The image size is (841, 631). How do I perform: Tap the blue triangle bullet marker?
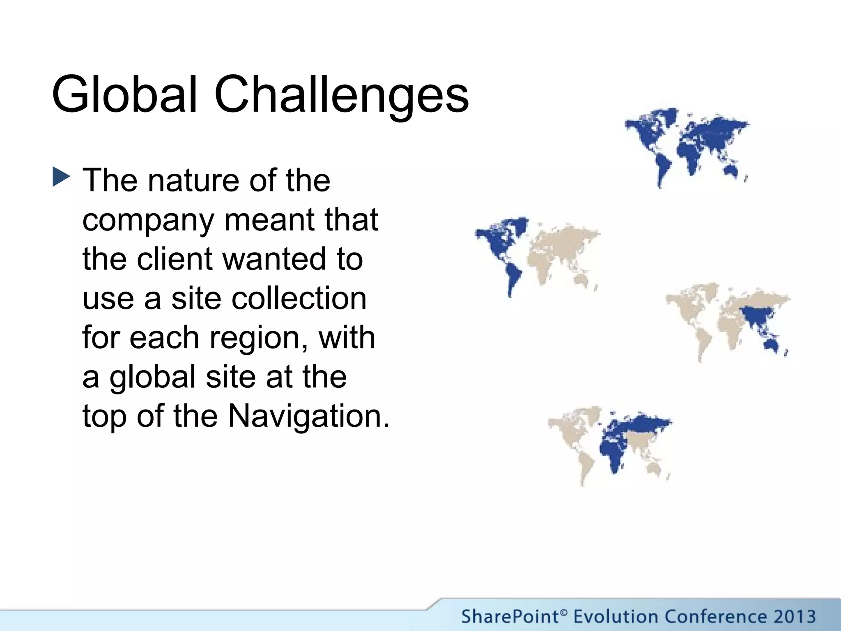[x=61, y=178]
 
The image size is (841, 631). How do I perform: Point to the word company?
[x=148, y=221]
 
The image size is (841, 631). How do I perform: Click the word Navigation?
[x=308, y=416]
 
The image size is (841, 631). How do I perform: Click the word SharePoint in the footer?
[x=510, y=617]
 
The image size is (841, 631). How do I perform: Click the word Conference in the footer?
[x=715, y=617]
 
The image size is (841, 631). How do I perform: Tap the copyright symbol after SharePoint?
[x=564, y=613]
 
